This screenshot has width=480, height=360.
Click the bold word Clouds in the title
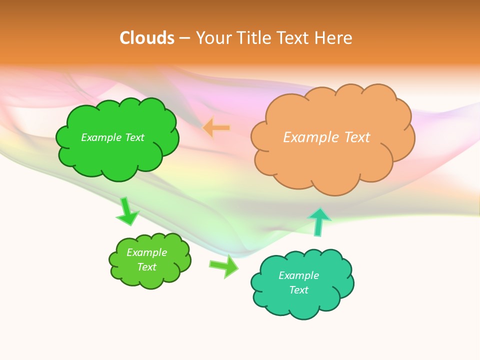(x=147, y=38)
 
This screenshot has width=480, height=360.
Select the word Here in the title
(x=334, y=38)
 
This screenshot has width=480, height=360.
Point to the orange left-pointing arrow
(x=216, y=127)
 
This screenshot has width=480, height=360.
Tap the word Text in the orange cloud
(x=356, y=137)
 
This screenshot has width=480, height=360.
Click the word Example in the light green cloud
(x=146, y=252)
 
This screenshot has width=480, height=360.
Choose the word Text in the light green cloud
(x=146, y=267)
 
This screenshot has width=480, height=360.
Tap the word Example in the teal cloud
(x=298, y=275)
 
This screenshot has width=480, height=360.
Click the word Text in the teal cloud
(x=298, y=290)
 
